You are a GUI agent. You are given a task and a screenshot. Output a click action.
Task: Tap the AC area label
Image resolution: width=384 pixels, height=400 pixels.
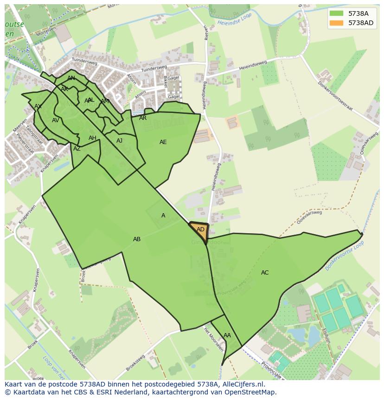tap(265, 273)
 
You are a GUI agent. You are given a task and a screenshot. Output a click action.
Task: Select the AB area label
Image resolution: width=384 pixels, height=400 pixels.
tap(137, 239)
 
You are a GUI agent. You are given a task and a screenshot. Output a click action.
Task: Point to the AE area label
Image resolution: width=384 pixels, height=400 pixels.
tap(163, 142)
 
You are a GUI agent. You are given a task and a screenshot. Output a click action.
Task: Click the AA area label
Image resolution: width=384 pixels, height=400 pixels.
tap(227, 335)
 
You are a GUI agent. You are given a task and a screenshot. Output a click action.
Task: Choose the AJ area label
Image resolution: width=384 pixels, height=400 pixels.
tap(120, 141)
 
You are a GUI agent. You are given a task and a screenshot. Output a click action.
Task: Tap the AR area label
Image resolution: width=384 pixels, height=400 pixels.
tap(143, 118)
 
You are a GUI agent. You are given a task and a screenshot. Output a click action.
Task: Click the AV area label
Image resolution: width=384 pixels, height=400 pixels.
tap(56, 120)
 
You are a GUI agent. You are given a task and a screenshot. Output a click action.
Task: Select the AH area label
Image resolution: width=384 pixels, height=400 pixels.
tap(92, 138)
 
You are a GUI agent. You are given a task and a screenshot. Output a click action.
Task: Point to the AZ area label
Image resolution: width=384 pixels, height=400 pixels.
tap(77, 149)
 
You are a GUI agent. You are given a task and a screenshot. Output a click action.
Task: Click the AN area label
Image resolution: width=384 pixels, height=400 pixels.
tap(71, 78)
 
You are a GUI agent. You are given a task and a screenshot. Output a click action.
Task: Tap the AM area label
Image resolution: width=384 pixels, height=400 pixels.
tap(105, 101)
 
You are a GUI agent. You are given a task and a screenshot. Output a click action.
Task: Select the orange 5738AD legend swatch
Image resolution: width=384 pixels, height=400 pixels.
tap(336, 23)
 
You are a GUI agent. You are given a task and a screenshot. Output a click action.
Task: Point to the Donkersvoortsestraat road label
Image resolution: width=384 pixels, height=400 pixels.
tap(335, 96)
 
